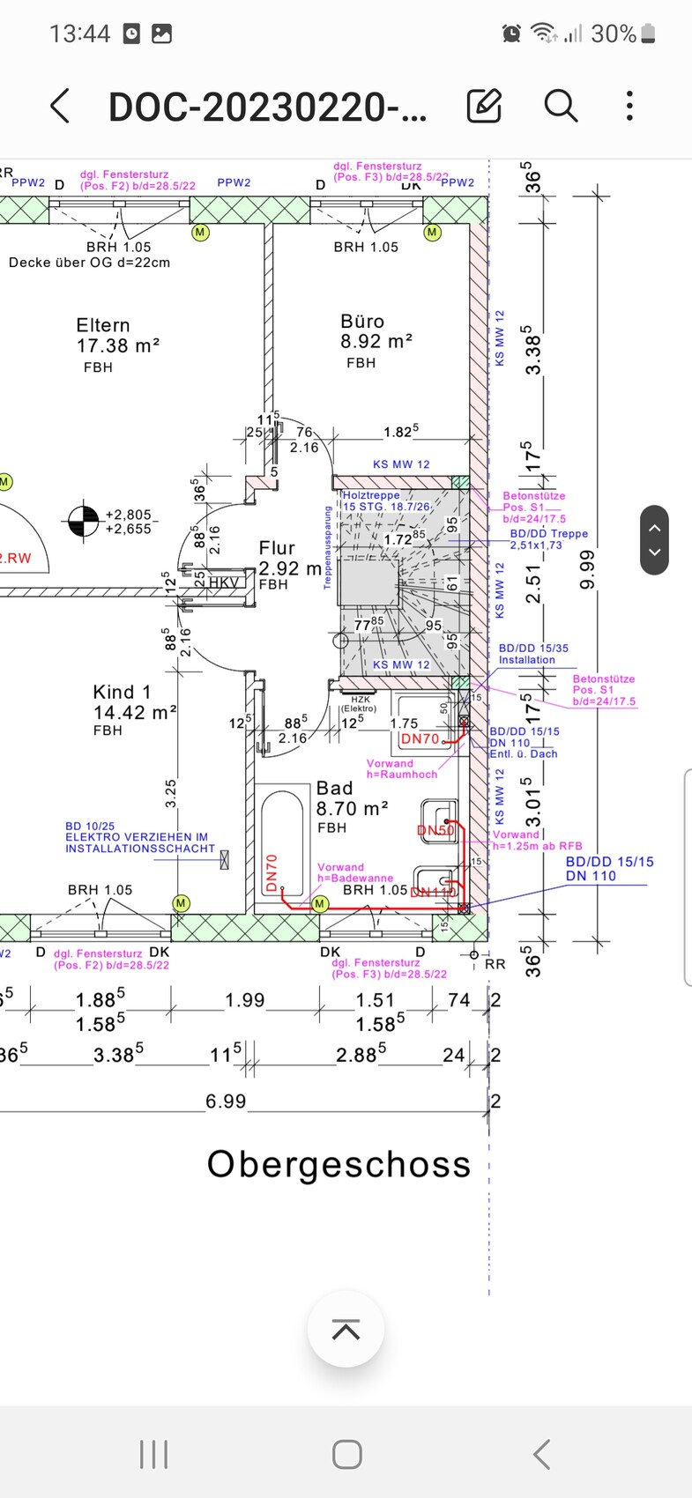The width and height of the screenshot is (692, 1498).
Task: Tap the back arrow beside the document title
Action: click(x=60, y=107)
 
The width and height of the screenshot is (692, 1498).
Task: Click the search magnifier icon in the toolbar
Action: click(x=561, y=106)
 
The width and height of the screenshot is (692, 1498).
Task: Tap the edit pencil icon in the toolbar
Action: click(x=484, y=106)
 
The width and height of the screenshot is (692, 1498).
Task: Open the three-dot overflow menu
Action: click(x=629, y=106)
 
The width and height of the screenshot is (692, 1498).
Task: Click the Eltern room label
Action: click(x=103, y=325)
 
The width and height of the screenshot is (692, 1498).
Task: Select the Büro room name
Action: click(x=362, y=322)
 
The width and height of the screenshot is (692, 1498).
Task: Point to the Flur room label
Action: click(x=277, y=549)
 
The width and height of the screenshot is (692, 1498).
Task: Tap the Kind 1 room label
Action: click(x=122, y=693)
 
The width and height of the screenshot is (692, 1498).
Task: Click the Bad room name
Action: click(x=334, y=789)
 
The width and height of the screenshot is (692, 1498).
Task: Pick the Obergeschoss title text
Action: click(x=339, y=1164)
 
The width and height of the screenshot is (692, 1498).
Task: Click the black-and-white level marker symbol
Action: click(x=84, y=521)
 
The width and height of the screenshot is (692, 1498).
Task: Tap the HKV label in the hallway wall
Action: click(x=223, y=582)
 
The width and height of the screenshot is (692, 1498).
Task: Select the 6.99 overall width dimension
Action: click(x=226, y=1101)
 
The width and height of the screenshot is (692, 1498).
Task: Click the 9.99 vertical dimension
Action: click(x=588, y=569)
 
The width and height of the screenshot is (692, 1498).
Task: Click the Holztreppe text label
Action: click(x=371, y=496)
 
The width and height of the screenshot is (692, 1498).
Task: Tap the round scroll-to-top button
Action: click(x=346, y=1330)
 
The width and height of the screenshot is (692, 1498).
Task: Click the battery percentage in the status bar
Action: click(x=614, y=33)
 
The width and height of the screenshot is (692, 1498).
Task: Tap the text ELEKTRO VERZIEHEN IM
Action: click(x=137, y=837)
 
